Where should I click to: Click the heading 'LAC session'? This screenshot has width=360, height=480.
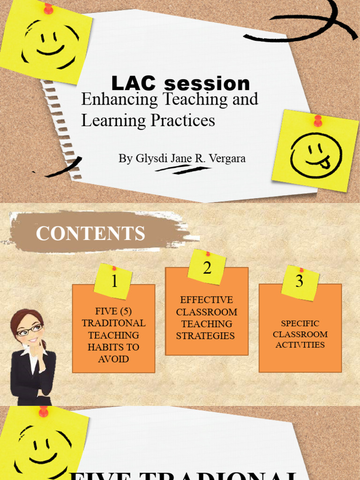(180, 84)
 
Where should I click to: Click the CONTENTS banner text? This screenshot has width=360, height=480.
(90, 233)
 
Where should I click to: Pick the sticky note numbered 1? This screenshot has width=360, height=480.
(113, 281)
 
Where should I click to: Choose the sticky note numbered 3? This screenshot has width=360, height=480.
(300, 282)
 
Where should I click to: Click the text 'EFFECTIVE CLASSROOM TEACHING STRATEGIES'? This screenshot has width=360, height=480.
(207, 318)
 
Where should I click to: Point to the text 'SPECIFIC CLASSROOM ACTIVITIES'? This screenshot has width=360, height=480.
(300, 334)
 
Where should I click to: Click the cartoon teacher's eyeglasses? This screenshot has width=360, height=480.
(30, 331)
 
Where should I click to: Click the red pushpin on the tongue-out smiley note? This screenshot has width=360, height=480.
(318, 120)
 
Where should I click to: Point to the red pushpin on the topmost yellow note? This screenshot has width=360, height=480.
(48, 8)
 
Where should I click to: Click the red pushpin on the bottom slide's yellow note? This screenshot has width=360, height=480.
(44, 412)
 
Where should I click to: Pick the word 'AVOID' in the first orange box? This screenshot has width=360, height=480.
(113, 360)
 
